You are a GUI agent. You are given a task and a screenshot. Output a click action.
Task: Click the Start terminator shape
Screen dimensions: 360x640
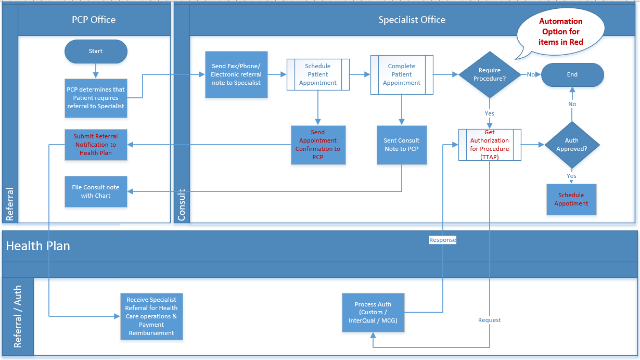click(96, 51)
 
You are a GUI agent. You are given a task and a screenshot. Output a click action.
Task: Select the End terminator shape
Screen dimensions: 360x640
click(572, 74)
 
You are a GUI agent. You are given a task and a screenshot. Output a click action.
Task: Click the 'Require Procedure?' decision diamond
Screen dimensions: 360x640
click(489, 74)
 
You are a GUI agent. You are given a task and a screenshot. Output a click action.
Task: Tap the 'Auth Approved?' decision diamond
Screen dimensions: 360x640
click(572, 145)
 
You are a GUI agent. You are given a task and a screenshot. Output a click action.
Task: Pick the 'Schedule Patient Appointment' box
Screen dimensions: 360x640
click(318, 74)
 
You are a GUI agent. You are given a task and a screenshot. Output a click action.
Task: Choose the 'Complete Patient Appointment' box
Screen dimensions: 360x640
click(402, 74)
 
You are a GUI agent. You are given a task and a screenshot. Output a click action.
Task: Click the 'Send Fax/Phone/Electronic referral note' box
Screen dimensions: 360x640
click(236, 74)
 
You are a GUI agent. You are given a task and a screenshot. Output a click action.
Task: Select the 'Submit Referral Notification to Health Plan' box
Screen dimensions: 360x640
click(96, 145)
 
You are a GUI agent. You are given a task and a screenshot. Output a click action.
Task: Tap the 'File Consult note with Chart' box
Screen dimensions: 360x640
click(96, 191)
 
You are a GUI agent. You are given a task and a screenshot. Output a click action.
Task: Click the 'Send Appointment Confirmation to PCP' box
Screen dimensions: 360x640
click(318, 145)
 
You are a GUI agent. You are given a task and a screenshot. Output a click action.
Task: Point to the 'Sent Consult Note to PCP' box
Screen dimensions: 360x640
click(402, 145)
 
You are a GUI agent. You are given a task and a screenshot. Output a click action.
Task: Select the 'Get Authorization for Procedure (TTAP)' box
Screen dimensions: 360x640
click(489, 145)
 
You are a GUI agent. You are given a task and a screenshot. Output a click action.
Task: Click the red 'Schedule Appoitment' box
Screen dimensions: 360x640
click(571, 199)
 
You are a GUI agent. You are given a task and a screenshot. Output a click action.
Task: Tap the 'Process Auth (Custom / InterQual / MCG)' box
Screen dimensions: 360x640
click(373, 312)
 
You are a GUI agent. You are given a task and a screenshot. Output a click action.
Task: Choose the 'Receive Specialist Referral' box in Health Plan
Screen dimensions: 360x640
click(151, 316)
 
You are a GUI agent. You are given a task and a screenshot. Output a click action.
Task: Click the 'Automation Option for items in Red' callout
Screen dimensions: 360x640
click(560, 32)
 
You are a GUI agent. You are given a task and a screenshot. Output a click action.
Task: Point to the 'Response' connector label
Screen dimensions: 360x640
click(442, 240)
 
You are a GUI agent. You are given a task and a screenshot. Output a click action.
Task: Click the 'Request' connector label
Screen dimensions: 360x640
click(490, 320)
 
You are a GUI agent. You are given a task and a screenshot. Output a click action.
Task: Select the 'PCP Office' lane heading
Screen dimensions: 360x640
click(94, 20)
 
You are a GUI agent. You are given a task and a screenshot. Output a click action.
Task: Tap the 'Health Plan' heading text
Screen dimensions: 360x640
click(38, 246)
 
